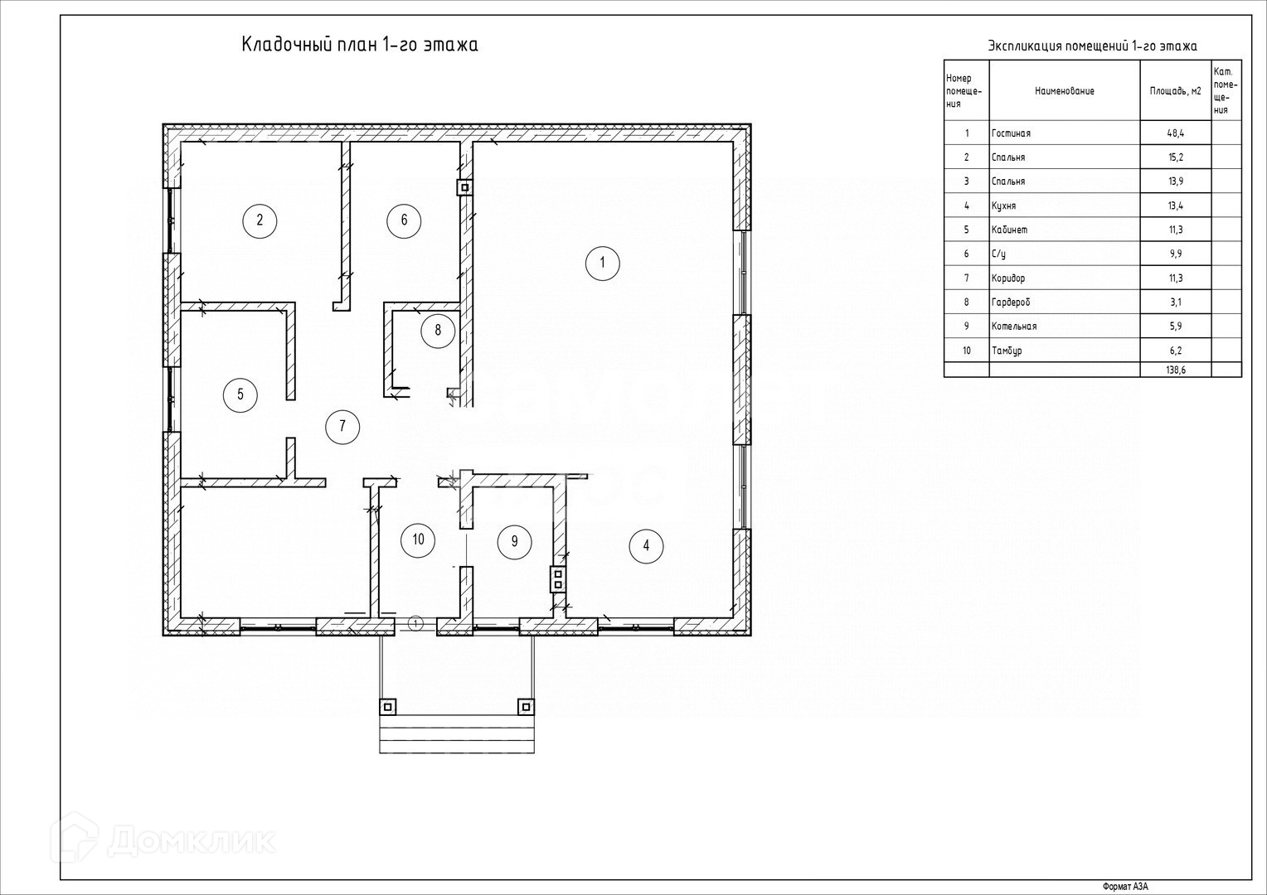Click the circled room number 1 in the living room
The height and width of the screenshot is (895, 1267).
point(603,264)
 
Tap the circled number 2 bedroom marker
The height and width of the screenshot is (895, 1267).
point(260,220)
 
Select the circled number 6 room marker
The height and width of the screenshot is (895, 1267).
point(404,220)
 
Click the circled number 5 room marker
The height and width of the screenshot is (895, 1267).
point(240,394)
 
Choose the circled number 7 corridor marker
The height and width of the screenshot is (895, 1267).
point(342,427)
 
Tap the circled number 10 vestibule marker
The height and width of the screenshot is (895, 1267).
point(418,540)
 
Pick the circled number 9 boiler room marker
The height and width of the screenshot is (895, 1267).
point(514,542)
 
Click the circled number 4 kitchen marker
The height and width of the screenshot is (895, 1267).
point(646,545)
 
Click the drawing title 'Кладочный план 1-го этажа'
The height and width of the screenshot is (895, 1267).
point(360,45)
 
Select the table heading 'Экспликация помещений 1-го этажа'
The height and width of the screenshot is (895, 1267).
point(1092,46)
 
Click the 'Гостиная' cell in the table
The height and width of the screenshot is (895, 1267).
point(1011,133)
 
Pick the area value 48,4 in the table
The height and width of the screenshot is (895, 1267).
point(1175,133)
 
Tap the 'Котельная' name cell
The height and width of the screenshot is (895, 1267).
point(1013,327)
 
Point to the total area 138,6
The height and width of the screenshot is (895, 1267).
point(1175,370)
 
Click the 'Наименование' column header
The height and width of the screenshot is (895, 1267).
point(1064,91)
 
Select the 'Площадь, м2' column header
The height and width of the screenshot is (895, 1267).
point(1175,91)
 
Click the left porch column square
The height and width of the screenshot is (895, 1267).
point(387,707)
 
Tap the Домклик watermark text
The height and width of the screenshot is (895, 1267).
point(191,841)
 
